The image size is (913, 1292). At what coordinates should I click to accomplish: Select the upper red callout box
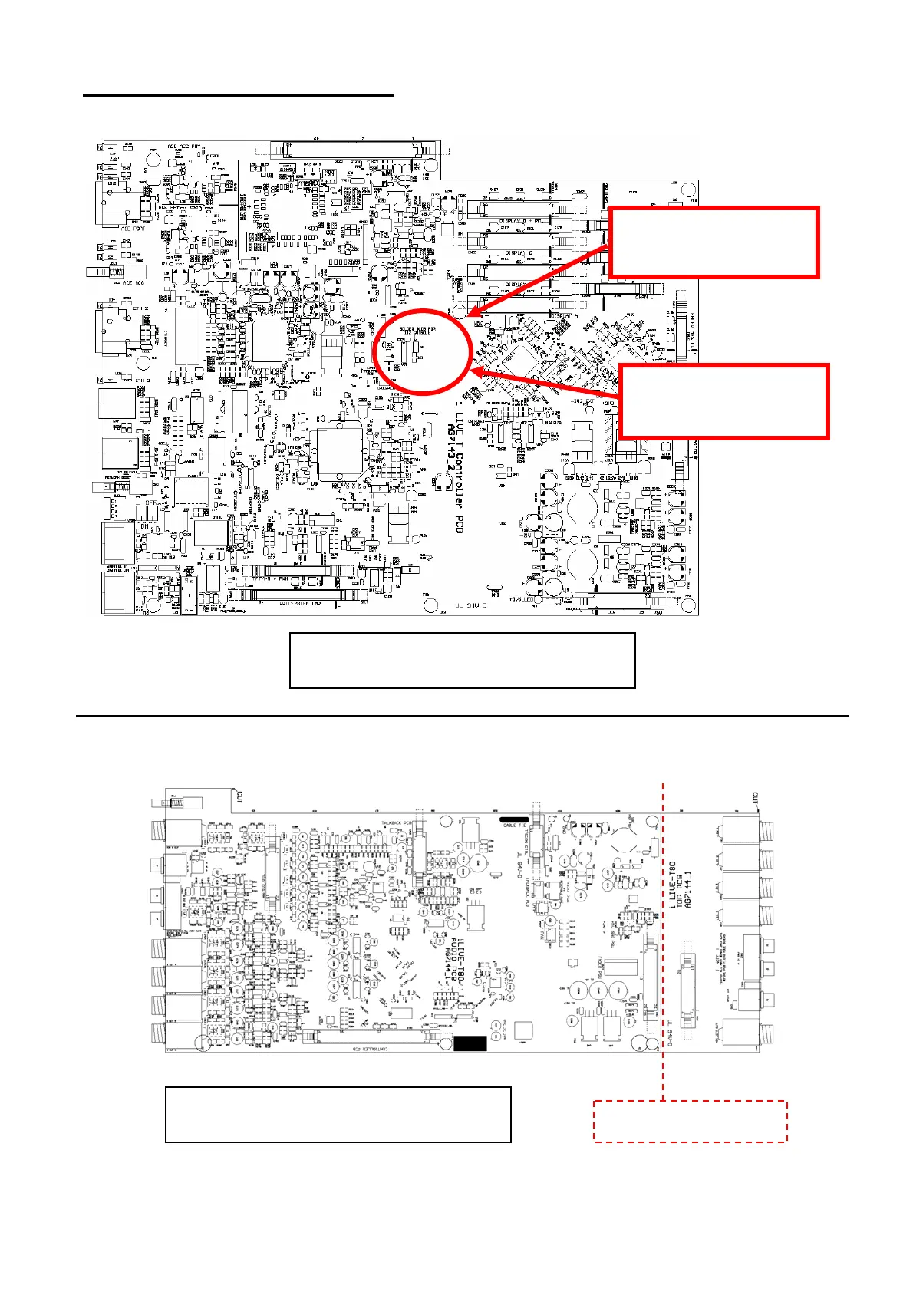tap(714, 242)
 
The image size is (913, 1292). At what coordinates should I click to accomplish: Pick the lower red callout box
tap(723, 402)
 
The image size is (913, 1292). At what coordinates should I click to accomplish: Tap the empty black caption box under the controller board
tap(462, 661)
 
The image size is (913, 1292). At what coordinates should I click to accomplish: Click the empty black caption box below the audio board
tap(338, 1114)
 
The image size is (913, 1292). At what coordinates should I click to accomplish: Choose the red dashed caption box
tap(691, 1122)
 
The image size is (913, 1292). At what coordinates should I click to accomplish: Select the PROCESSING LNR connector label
tap(300, 604)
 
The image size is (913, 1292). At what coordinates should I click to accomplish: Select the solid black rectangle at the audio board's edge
tap(470, 1043)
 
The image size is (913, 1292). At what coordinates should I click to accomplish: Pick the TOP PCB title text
tap(678, 886)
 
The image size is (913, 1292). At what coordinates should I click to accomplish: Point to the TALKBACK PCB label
tap(397, 822)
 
